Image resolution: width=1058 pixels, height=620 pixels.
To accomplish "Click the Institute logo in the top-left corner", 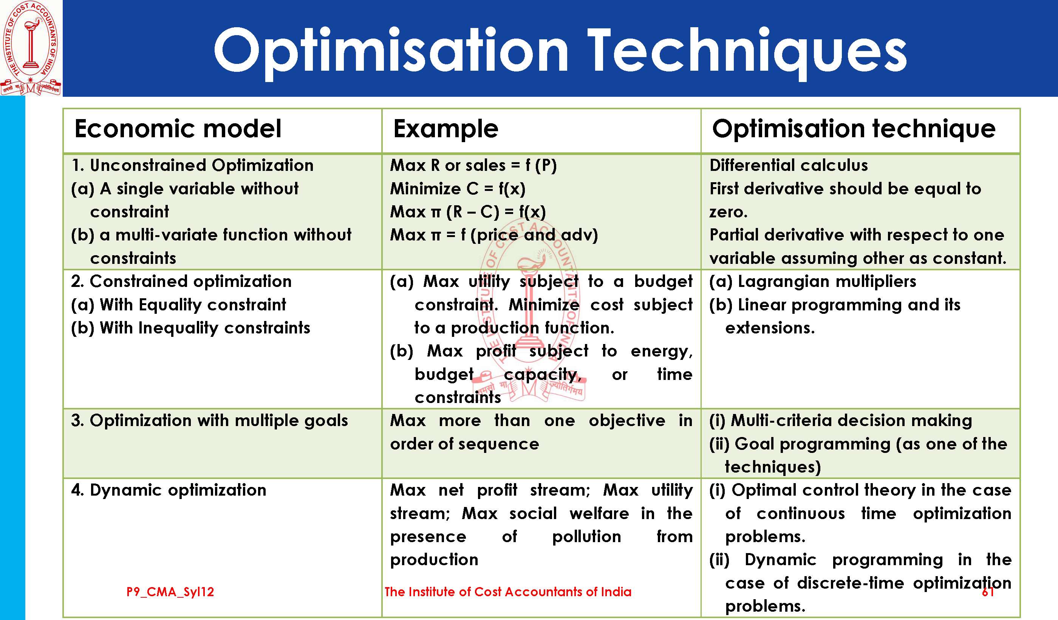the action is (x=31, y=48).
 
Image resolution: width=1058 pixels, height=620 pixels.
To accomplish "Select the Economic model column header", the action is (x=178, y=129).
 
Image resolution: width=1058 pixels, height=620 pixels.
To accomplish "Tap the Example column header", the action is (x=446, y=129).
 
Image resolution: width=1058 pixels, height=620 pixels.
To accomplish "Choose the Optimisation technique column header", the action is (x=854, y=129).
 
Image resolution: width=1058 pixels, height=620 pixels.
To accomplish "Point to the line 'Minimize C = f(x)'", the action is (x=458, y=189).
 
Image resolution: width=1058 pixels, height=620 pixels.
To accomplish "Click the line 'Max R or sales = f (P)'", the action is (x=473, y=165).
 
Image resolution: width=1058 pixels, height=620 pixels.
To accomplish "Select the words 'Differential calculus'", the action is (x=789, y=165).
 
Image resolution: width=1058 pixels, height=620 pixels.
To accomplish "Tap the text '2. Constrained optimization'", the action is (x=181, y=281).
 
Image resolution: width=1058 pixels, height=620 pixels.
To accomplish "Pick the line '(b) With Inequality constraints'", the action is (x=190, y=328).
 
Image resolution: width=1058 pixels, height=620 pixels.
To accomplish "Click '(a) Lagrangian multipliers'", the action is (x=812, y=281).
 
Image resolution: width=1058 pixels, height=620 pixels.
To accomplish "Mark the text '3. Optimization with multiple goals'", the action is (x=209, y=420).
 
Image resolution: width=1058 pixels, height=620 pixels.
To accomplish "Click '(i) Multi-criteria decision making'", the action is (x=840, y=420).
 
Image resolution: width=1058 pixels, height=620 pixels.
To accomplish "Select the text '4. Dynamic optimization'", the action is (x=169, y=490).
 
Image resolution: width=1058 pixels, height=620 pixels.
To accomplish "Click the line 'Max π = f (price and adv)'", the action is (x=494, y=235).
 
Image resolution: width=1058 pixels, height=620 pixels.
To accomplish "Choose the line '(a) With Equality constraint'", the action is (x=178, y=305).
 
